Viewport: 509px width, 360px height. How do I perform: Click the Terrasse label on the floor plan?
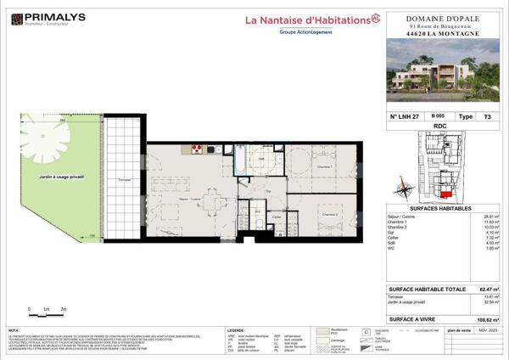pyautogui.click(x=124, y=180)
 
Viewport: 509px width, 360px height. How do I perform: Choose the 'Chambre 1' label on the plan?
pyautogui.click(x=323, y=167)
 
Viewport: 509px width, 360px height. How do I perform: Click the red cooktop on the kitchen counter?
pyautogui.click(x=196, y=149)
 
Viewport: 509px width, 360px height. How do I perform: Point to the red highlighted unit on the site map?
pyautogui.click(x=446, y=192)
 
